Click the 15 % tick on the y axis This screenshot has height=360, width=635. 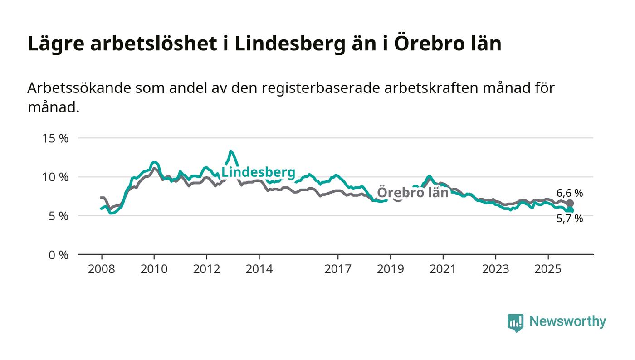tap(55, 138)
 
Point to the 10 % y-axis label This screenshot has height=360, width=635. tap(55, 177)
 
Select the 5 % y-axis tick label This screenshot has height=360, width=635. tap(58, 216)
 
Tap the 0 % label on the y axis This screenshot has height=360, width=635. tap(58, 255)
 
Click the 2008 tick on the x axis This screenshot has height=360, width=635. tap(102, 269)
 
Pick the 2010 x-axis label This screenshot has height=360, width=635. tap(154, 269)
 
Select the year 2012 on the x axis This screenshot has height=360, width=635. tap(206, 269)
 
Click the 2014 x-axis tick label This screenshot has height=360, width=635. tap(259, 269)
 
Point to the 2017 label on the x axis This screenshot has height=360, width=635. tap(338, 269)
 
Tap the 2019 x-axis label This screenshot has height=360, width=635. tap(390, 269)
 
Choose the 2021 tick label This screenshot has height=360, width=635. tap(443, 269)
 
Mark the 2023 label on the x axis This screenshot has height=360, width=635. tap(495, 269)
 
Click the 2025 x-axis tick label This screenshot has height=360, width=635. tap(548, 269)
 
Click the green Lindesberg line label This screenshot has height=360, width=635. tap(258, 172)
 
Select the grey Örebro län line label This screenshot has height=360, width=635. tap(413, 192)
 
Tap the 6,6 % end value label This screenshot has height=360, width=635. tap(570, 193)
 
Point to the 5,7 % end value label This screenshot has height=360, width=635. tap(570, 219)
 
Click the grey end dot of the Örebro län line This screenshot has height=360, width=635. tap(570, 204)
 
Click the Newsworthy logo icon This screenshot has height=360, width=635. tap(515, 322)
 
